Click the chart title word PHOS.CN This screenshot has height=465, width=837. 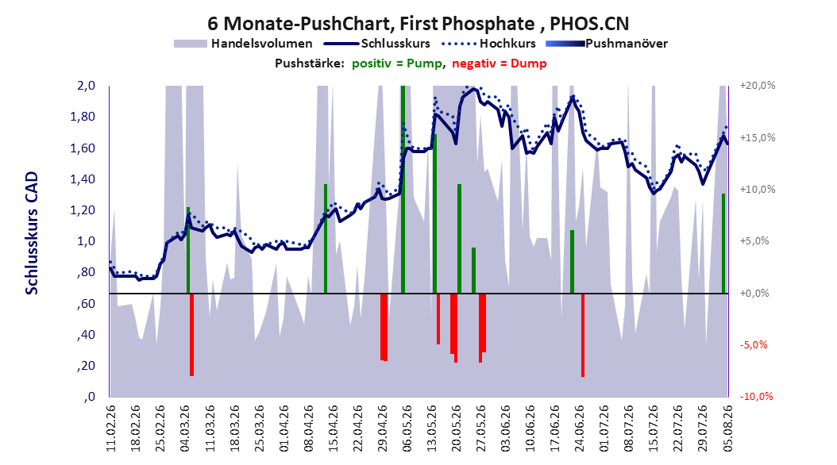(x=589, y=24)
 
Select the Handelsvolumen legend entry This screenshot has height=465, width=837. (x=243, y=44)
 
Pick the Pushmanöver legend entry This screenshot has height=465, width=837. (x=607, y=44)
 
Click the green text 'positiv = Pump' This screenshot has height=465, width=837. (x=396, y=63)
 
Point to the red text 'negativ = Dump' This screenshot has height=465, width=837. (x=499, y=63)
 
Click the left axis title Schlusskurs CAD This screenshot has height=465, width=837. (x=32, y=233)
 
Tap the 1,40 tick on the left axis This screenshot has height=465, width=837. (x=83, y=179)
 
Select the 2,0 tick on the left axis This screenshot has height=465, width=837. (x=86, y=86)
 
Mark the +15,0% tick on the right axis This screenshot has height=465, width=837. (x=758, y=137)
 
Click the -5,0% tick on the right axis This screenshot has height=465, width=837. (x=754, y=344)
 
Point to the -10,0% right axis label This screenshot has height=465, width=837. (x=756, y=396)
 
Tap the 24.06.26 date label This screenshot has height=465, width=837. (x=580, y=428)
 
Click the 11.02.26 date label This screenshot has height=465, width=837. (x=111, y=428)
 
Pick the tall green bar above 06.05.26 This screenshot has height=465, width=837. (x=403, y=190)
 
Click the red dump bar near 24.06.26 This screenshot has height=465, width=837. (x=583, y=335)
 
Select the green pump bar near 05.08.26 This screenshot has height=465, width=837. (x=723, y=243)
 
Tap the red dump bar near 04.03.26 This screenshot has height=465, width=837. (x=191, y=335)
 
